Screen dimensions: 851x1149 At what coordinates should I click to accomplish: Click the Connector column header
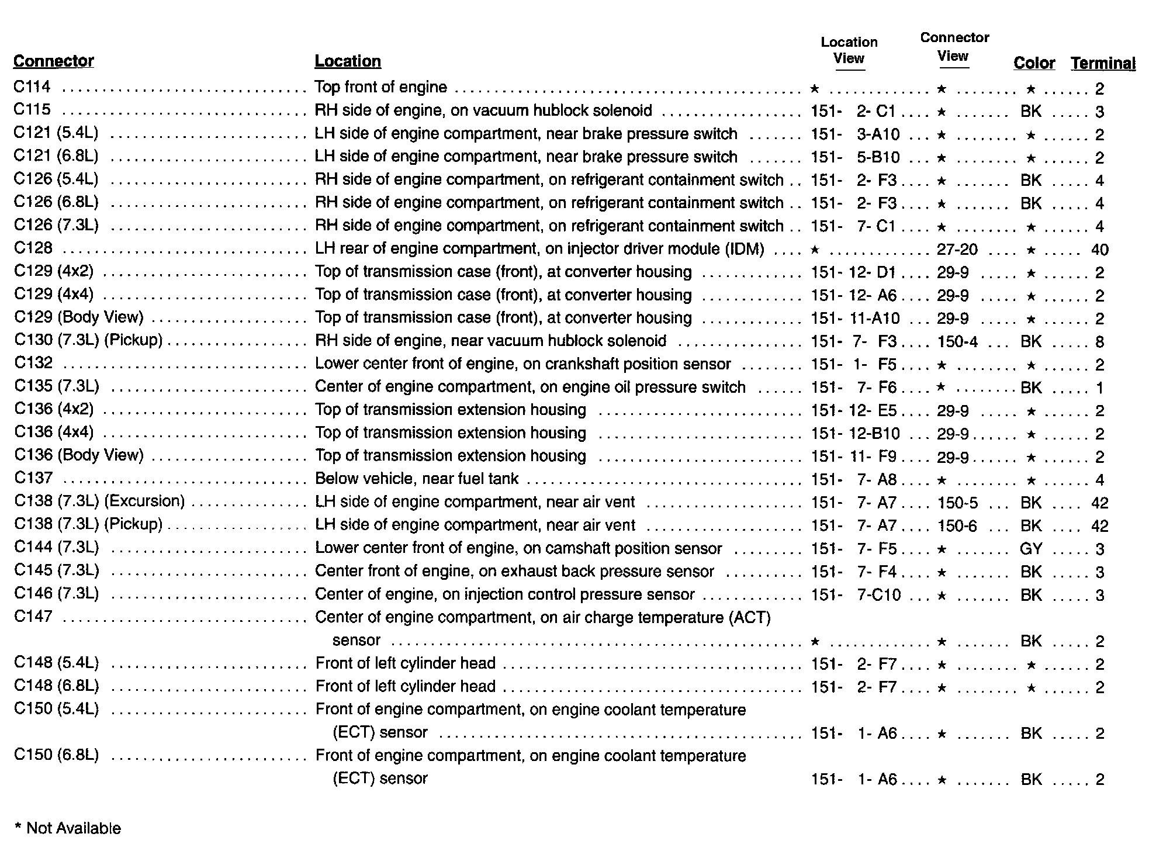click(x=53, y=61)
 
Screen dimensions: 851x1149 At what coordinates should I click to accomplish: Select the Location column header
click(x=348, y=61)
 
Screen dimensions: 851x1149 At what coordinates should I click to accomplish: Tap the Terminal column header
click(x=1103, y=64)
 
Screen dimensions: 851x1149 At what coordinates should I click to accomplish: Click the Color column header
click(x=1034, y=64)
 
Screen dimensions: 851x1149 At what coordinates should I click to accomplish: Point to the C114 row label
click(x=32, y=87)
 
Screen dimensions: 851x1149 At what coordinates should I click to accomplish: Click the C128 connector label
click(x=33, y=248)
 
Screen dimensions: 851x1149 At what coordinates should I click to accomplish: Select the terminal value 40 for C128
click(x=1099, y=250)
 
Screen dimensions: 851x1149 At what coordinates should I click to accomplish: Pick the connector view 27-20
click(x=957, y=250)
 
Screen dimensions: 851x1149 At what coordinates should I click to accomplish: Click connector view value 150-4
click(x=957, y=341)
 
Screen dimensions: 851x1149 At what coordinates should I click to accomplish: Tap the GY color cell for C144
click(x=1031, y=549)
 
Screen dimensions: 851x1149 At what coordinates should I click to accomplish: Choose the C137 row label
click(x=33, y=479)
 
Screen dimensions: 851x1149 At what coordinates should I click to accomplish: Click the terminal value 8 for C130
click(x=1099, y=341)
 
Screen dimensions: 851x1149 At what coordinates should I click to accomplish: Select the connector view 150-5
click(x=957, y=503)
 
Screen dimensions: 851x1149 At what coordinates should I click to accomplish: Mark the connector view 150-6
click(x=957, y=526)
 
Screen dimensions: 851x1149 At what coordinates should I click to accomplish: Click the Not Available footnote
click(x=68, y=828)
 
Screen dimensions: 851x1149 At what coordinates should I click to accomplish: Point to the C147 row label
click(x=33, y=617)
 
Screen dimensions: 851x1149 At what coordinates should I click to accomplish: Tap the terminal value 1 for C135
click(x=1099, y=388)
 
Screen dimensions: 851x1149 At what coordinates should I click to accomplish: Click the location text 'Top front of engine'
click(x=380, y=87)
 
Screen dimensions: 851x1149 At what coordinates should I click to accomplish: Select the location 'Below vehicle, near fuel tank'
click(x=417, y=479)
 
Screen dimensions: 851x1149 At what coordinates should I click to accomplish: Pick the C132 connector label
click(x=33, y=364)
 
